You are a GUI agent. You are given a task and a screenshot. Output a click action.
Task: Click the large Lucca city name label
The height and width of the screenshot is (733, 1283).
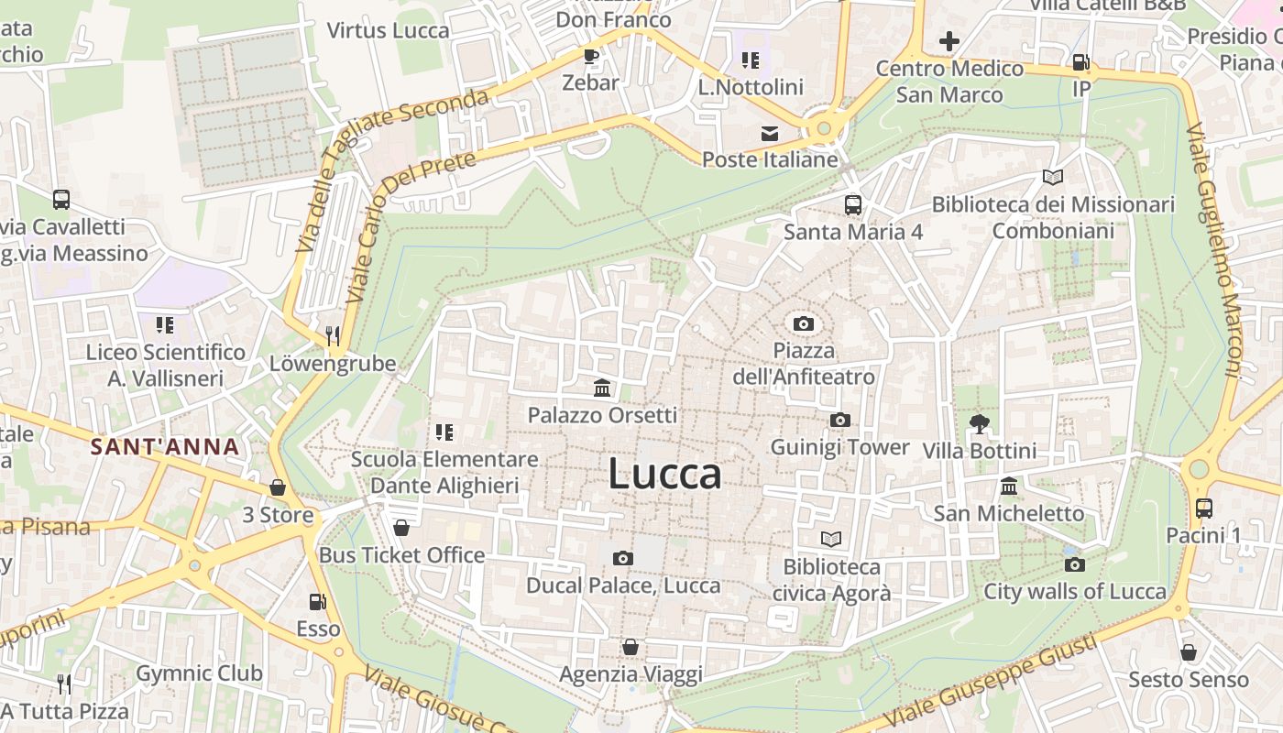[x=664, y=475]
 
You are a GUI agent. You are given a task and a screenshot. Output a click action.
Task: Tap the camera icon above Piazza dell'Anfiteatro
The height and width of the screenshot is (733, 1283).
[x=804, y=323]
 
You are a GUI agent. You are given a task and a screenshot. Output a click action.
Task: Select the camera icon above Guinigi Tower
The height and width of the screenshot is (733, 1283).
[x=839, y=421]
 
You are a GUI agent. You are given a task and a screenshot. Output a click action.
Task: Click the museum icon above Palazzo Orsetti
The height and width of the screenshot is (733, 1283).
[x=602, y=388]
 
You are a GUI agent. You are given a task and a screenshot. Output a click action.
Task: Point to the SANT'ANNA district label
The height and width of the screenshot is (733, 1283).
[x=165, y=448]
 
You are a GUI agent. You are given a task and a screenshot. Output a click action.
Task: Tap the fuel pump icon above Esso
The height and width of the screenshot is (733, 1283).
[x=318, y=602]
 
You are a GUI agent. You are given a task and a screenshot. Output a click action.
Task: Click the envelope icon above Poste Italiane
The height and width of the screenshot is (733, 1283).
[x=770, y=134]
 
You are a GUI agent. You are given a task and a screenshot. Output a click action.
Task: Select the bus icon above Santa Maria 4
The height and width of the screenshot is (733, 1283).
[x=853, y=204]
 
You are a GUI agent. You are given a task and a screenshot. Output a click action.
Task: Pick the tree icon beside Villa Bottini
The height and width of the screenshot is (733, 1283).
[x=980, y=423]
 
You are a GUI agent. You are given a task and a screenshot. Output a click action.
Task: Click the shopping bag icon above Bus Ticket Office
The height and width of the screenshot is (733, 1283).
[x=400, y=528]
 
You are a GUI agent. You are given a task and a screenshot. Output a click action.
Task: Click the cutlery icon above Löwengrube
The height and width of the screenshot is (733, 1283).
[x=333, y=336]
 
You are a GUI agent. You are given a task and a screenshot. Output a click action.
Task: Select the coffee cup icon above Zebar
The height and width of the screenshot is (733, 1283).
[x=591, y=56]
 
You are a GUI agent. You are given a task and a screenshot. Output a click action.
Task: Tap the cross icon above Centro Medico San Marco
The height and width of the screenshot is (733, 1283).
[x=949, y=41]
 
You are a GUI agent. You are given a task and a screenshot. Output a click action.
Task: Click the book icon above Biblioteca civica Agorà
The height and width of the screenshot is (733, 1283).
[x=831, y=540]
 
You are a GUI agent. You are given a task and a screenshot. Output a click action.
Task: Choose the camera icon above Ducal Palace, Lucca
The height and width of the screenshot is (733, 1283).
[x=623, y=558]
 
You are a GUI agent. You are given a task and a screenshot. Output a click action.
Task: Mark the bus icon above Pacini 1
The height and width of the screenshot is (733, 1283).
[x=1204, y=508]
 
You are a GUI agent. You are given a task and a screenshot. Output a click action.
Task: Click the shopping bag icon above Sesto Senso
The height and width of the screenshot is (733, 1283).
[x=1189, y=652]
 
